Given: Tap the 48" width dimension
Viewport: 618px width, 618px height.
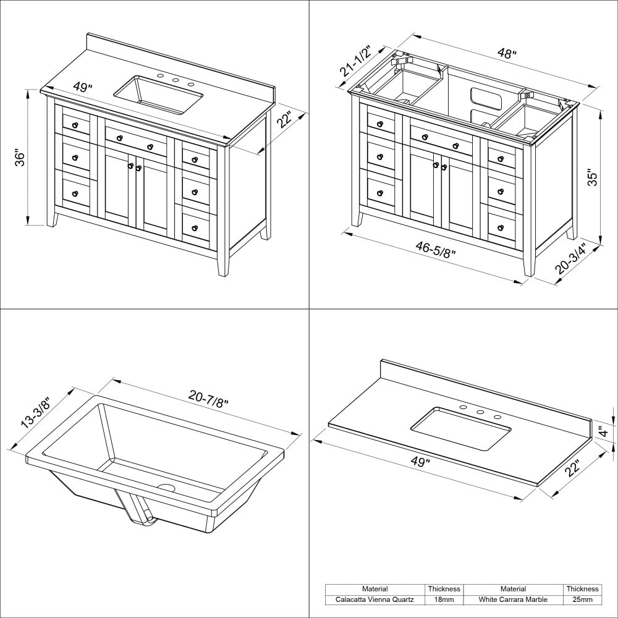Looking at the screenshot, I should (507, 54).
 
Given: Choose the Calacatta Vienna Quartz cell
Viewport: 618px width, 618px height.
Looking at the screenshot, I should (375, 599).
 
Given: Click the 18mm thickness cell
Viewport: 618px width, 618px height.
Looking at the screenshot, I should (444, 599).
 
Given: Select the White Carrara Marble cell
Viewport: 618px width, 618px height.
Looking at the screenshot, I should (513, 599).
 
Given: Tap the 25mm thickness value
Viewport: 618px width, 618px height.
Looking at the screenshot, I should (582, 599).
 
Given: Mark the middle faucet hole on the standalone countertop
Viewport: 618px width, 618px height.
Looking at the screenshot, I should (480, 413).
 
